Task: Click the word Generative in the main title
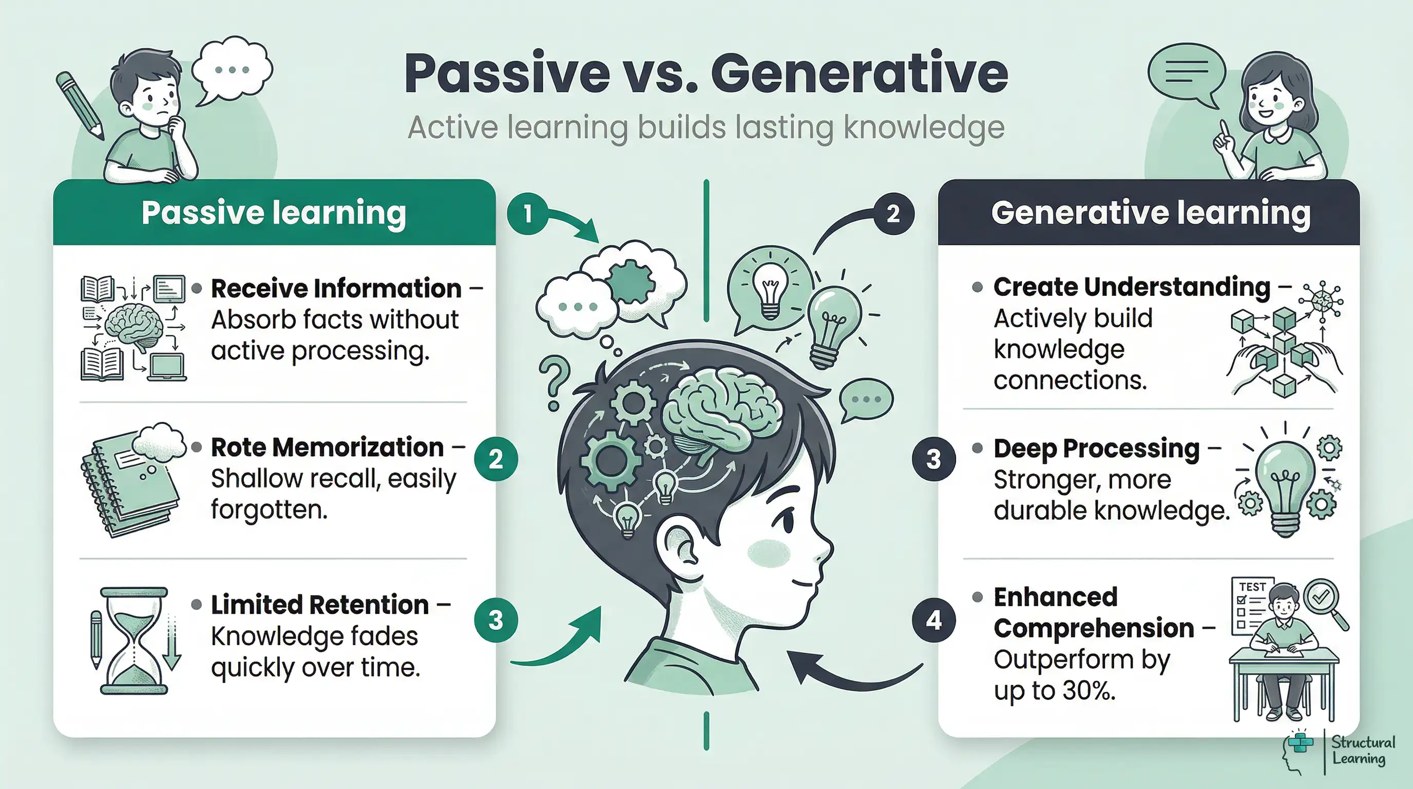coord(859,74)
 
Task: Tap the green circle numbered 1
coord(527,214)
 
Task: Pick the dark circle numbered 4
coord(933,620)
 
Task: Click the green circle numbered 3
coord(496,620)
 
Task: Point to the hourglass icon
coord(134,641)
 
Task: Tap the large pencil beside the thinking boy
coord(80,104)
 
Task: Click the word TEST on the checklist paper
coord(1252,587)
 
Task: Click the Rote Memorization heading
coord(327,448)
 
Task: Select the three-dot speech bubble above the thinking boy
coord(233,69)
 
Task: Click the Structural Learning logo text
coord(1363,750)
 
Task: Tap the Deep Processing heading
coord(1097,449)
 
